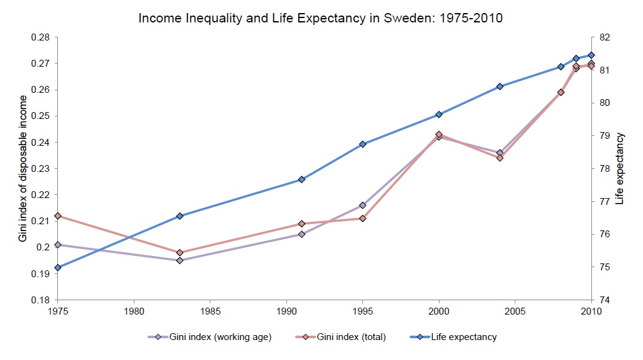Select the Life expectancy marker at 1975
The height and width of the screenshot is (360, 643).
tap(58, 267)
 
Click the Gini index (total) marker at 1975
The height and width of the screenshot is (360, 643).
tap(58, 216)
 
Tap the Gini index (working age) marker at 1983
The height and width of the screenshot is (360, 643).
tap(179, 260)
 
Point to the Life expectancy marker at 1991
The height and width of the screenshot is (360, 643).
tap(301, 179)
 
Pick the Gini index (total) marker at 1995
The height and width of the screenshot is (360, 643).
tap(362, 219)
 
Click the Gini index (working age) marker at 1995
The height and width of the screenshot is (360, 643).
tap(362, 206)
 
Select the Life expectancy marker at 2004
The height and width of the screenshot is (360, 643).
tap(500, 87)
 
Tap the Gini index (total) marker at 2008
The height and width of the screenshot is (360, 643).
tap(561, 92)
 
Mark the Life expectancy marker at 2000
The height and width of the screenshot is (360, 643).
tap(439, 115)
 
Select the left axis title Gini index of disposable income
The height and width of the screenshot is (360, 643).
tap(22, 168)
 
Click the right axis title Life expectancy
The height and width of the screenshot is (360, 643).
tap(620, 168)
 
